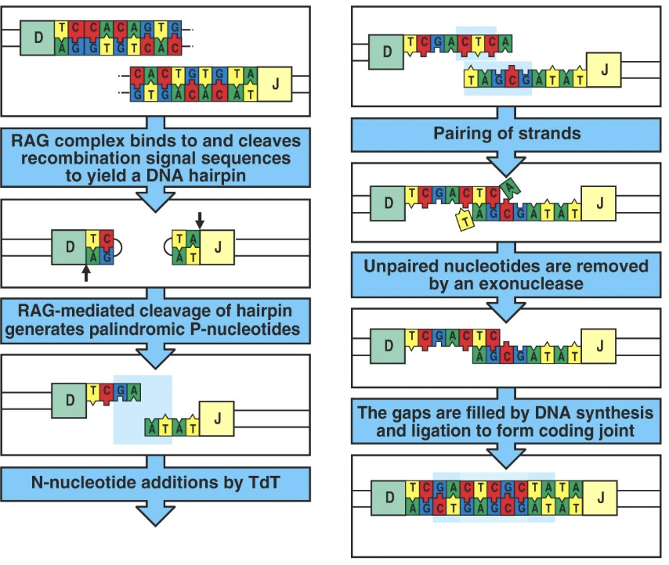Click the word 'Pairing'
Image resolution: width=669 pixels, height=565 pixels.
pyautogui.click(x=466, y=134)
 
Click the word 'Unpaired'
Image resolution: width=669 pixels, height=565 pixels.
pyautogui.click(x=398, y=266)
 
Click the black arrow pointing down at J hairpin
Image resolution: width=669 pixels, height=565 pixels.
pyautogui.click(x=198, y=220)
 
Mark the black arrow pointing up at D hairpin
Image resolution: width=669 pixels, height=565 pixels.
pyautogui.click(x=86, y=272)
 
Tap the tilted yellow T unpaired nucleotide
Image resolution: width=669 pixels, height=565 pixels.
pyautogui.click(x=464, y=221)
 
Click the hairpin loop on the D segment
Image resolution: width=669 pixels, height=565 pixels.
pyautogui.click(x=120, y=247)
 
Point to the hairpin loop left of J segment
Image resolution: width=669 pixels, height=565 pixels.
pyautogui.click(x=168, y=246)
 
